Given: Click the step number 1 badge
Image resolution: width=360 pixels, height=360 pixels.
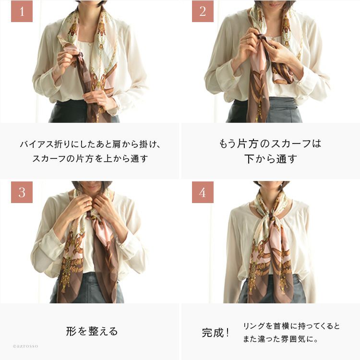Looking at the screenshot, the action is [22, 11].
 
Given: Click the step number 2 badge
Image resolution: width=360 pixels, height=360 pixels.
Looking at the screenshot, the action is [203, 11].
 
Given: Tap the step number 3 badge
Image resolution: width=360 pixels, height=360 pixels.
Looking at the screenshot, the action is [22, 192].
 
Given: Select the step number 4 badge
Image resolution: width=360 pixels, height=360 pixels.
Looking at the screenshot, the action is [203, 192].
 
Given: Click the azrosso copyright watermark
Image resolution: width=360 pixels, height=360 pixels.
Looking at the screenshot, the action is [25, 346].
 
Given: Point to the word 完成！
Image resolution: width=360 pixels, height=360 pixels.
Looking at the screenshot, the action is [216, 333].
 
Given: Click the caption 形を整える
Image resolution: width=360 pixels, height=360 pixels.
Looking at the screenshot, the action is [92, 331].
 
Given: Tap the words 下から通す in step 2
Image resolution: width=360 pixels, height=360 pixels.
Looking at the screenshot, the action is [270, 159].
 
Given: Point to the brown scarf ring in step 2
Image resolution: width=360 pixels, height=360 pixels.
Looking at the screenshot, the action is [262, 37].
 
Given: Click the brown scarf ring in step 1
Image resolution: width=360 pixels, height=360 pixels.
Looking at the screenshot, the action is [80, 56].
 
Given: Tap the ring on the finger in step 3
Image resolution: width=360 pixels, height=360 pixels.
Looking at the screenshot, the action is [87, 204].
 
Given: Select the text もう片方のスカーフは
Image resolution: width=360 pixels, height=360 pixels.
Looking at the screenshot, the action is [270, 144].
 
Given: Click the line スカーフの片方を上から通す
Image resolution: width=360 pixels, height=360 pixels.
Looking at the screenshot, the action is [90, 159].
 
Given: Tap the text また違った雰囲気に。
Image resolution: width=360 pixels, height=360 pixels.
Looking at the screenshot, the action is [281, 339].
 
